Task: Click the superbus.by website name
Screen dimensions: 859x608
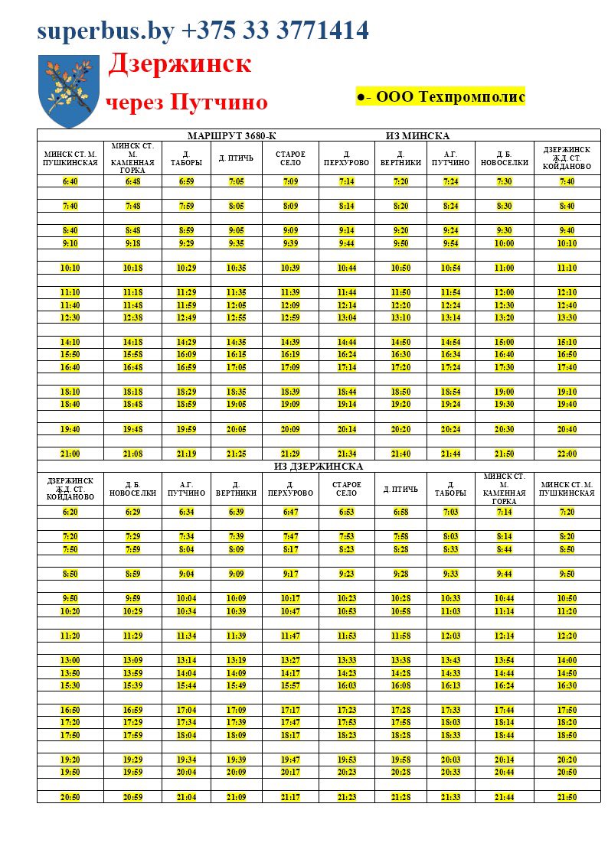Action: point(106,31)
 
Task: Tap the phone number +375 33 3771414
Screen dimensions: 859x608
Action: point(275,31)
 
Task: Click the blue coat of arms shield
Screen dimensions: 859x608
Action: point(69,90)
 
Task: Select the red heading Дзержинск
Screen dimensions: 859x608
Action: point(179,63)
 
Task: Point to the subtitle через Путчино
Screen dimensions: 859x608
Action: point(186,102)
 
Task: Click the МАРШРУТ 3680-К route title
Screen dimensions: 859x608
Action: point(232,135)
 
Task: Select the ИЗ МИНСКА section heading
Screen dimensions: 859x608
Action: point(417,135)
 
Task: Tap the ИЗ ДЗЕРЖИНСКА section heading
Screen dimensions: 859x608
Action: point(319,466)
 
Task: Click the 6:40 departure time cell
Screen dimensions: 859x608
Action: point(70,181)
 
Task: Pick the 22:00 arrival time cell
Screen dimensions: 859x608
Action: point(567,454)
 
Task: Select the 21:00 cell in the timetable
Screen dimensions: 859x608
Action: point(70,454)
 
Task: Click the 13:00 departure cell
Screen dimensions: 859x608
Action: point(70,660)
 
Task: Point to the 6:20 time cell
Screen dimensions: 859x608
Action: point(70,512)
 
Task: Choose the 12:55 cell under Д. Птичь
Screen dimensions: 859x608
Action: point(237,317)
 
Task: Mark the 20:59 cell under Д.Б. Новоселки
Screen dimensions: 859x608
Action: point(133,797)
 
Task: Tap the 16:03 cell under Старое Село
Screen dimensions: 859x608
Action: point(347,685)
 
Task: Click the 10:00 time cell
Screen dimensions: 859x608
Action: point(505,243)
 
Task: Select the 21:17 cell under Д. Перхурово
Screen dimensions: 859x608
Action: point(290,797)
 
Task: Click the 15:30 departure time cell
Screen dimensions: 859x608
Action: point(70,685)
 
